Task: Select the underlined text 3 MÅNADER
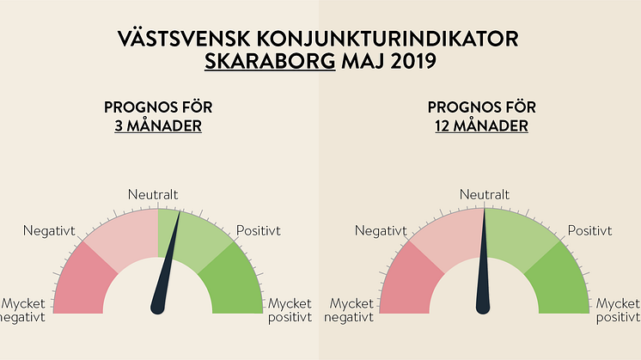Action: coord(158,126)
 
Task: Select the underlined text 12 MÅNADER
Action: coord(482,126)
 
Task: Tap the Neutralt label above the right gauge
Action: coord(485,195)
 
